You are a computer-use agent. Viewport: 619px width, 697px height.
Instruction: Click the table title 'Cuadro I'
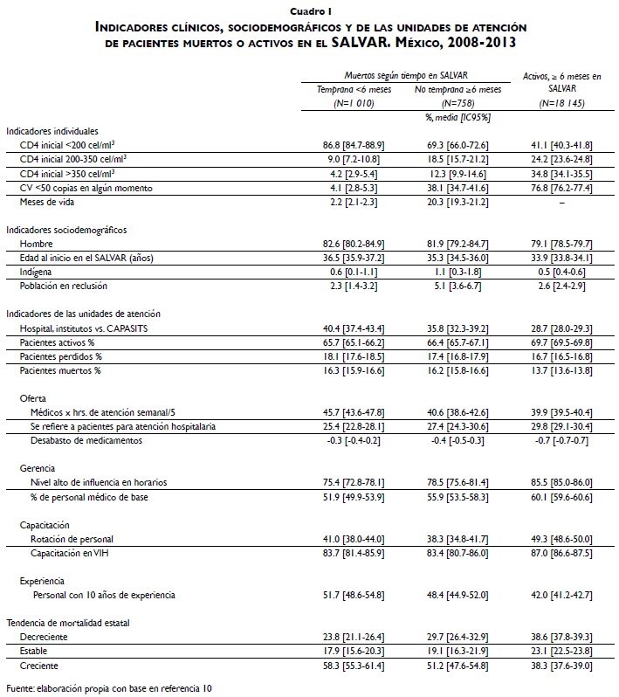pos(309,11)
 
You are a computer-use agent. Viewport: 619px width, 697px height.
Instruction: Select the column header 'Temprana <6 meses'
pos(353,89)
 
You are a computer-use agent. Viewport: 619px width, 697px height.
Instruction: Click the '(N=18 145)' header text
pos(562,102)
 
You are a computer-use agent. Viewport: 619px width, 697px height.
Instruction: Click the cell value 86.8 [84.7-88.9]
pos(353,143)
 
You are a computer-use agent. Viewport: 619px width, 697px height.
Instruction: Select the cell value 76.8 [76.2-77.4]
pos(562,188)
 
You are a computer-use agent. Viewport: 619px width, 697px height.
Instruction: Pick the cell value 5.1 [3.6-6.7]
pos(457,286)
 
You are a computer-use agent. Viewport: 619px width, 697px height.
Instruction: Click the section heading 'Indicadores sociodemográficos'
pos(66,230)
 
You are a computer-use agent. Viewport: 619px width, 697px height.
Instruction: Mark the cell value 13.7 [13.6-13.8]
pos(562,370)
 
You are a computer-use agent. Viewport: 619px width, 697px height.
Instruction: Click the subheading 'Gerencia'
pos(38,468)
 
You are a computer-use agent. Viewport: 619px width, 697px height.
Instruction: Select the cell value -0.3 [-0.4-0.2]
pos(353,440)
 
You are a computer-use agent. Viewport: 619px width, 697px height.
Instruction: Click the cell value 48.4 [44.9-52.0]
pos(457,595)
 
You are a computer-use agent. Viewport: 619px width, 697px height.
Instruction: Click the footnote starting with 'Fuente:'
pos(109,689)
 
